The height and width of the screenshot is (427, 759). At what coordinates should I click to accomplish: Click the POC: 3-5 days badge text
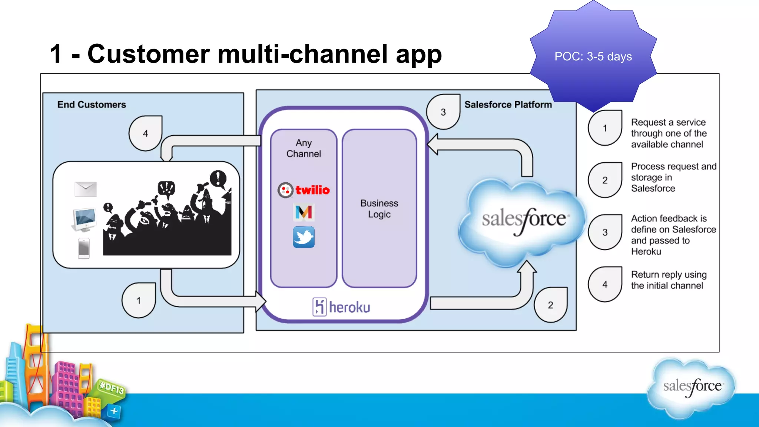point(593,57)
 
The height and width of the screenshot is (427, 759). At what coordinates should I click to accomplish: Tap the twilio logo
point(304,190)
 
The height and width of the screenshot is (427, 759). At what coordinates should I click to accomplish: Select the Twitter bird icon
point(304,237)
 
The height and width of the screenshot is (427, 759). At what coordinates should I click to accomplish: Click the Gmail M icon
point(304,212)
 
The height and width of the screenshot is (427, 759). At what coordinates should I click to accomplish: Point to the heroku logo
point(341,307)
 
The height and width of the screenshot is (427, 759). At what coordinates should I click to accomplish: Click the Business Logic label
point(379,209)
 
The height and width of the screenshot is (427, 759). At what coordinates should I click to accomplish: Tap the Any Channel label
point(304,148)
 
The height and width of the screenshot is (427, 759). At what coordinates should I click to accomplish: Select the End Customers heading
point(92,105)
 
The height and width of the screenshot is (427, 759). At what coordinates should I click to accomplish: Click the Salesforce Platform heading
point(508,105)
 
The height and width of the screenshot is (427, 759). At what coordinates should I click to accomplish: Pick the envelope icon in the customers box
point(86,189)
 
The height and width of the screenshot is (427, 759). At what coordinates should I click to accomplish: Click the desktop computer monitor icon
point(84,219)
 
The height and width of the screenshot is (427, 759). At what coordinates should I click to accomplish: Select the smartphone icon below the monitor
point(84,248)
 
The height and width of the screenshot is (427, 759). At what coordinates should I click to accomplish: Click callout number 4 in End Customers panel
point(145,134)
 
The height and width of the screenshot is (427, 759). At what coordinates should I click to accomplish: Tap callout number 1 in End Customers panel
point(139,301)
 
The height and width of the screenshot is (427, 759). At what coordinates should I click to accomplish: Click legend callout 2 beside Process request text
point(605,181)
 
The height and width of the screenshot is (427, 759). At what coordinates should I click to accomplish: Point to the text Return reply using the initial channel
point(669,280)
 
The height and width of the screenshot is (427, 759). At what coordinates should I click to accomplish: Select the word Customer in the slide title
point(149,54)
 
